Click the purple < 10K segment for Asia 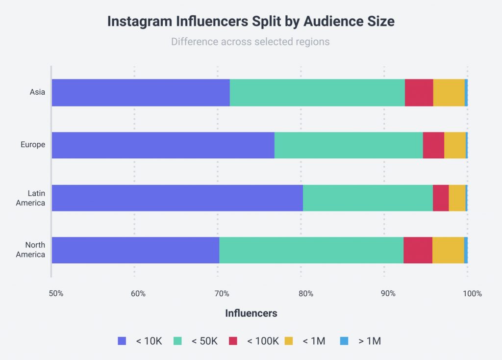pos(141,93)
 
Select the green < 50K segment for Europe pos(348,145)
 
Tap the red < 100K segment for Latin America pos(440,198)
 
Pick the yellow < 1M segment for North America pos(448,250)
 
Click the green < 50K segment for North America pos(311,250)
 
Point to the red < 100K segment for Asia pos(419,93)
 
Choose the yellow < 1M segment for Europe pos(454,145)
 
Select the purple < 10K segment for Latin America pos(177,198)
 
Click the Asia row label pos(37,92)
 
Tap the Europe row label pos(33,145)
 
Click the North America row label pos(30,250)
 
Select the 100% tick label pos(472,294)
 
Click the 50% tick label pos(55,294)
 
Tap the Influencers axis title pos(251,313)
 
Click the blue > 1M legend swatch pos(345,341)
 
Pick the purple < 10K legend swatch pos(122,341)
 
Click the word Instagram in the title pos(140,22)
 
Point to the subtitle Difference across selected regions pos(250,42)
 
